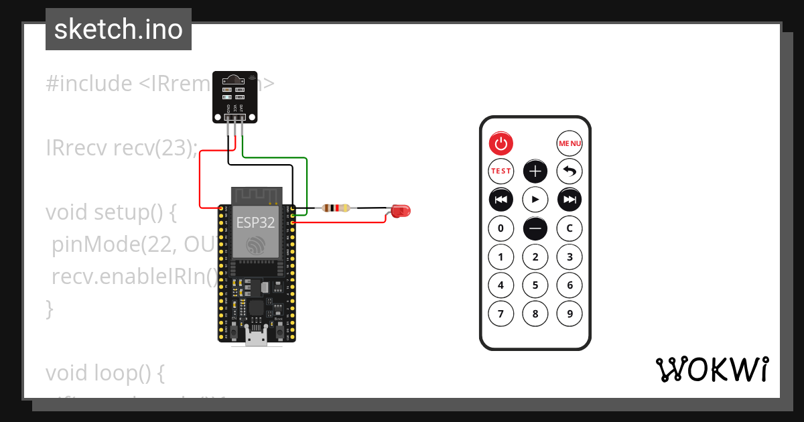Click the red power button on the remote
(500, 143)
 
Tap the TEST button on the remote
(500, 171)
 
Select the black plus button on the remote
(535, 171)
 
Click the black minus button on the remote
(535, 228)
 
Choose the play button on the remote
(535, 200)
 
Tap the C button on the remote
(569, 228)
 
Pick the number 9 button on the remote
(569, 313)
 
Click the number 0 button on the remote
(500, 228)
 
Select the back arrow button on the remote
(569, 171)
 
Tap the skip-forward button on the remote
(569, 200)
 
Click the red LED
(400, 211)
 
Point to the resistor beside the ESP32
(336, 208)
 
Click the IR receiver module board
(234, 96)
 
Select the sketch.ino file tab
(119, 29)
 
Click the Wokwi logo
(712, 369)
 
